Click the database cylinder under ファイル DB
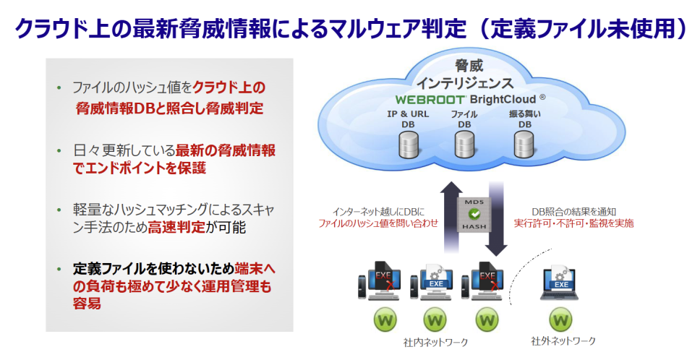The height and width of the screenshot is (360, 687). tap(464, 145)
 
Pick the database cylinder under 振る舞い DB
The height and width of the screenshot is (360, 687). tap(523, 145)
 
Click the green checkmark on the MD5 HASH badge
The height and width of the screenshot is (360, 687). tap(474, 215)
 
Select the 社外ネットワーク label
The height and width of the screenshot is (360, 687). tap(563, 341)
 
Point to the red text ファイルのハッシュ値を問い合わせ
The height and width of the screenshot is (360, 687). tap(378, 223)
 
